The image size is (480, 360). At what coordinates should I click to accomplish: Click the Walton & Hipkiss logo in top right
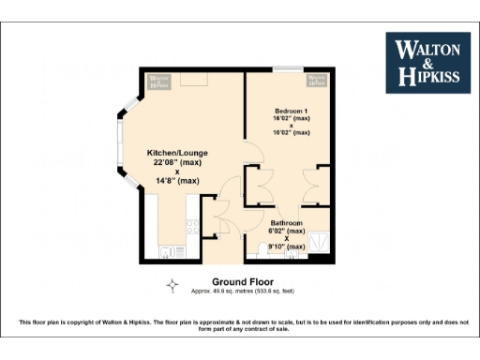428,62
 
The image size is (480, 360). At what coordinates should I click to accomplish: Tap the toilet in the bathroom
260,249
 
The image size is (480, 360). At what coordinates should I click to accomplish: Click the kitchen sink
170,250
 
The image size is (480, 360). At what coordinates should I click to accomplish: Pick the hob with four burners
190,228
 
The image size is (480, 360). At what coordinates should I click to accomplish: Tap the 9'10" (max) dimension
285,247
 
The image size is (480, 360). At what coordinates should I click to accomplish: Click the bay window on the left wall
122,150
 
